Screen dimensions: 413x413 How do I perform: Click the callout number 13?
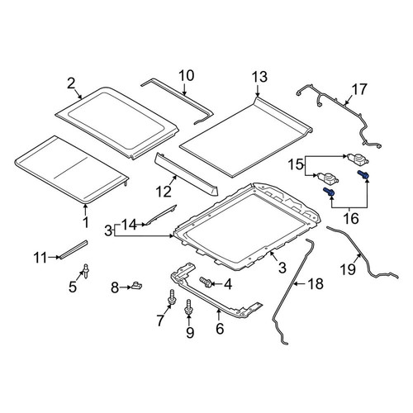[259, 77]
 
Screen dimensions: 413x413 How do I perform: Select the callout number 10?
[187, 76]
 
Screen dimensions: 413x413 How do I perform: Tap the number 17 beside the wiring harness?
[359, 89]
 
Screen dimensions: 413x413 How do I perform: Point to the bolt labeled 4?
[206, 282]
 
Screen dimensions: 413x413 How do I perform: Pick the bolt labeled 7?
[172, 297]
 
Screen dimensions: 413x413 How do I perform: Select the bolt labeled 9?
[188, 307]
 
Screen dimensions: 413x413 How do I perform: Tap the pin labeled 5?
[86, 271]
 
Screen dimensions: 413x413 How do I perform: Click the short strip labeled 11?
[74, 249]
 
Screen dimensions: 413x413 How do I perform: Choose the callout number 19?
[349, 269]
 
